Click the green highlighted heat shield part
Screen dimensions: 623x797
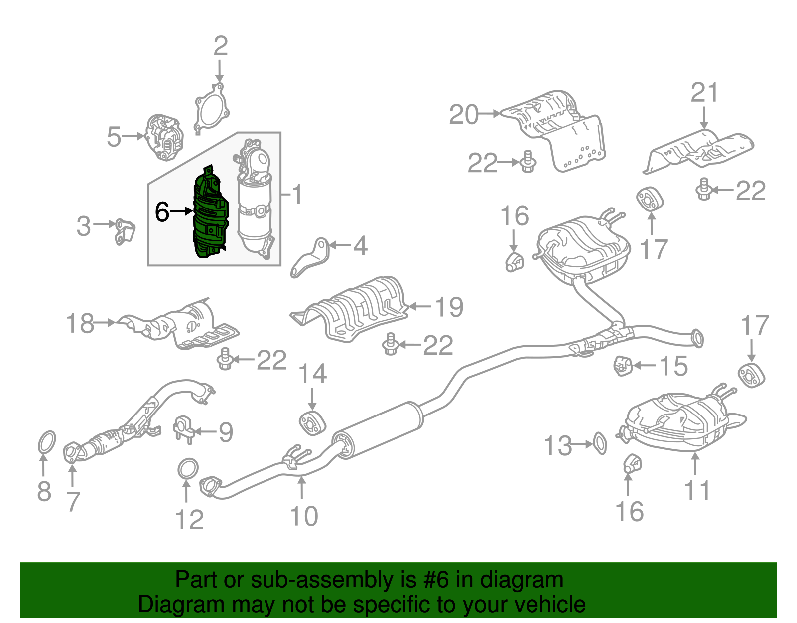coord(210,214)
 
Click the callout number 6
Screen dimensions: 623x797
coord(162,211)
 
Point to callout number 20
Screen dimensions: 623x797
coord(463,115)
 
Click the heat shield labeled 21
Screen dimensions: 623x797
coord(697,150)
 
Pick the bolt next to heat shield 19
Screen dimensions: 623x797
coord(390,344)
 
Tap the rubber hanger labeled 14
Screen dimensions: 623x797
coord(312,422)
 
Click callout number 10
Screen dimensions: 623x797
coord(303,516)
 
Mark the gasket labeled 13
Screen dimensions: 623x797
coord(600,443)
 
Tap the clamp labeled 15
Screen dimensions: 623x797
coord(622,366)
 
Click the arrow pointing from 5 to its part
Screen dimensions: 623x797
coord(133,136)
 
